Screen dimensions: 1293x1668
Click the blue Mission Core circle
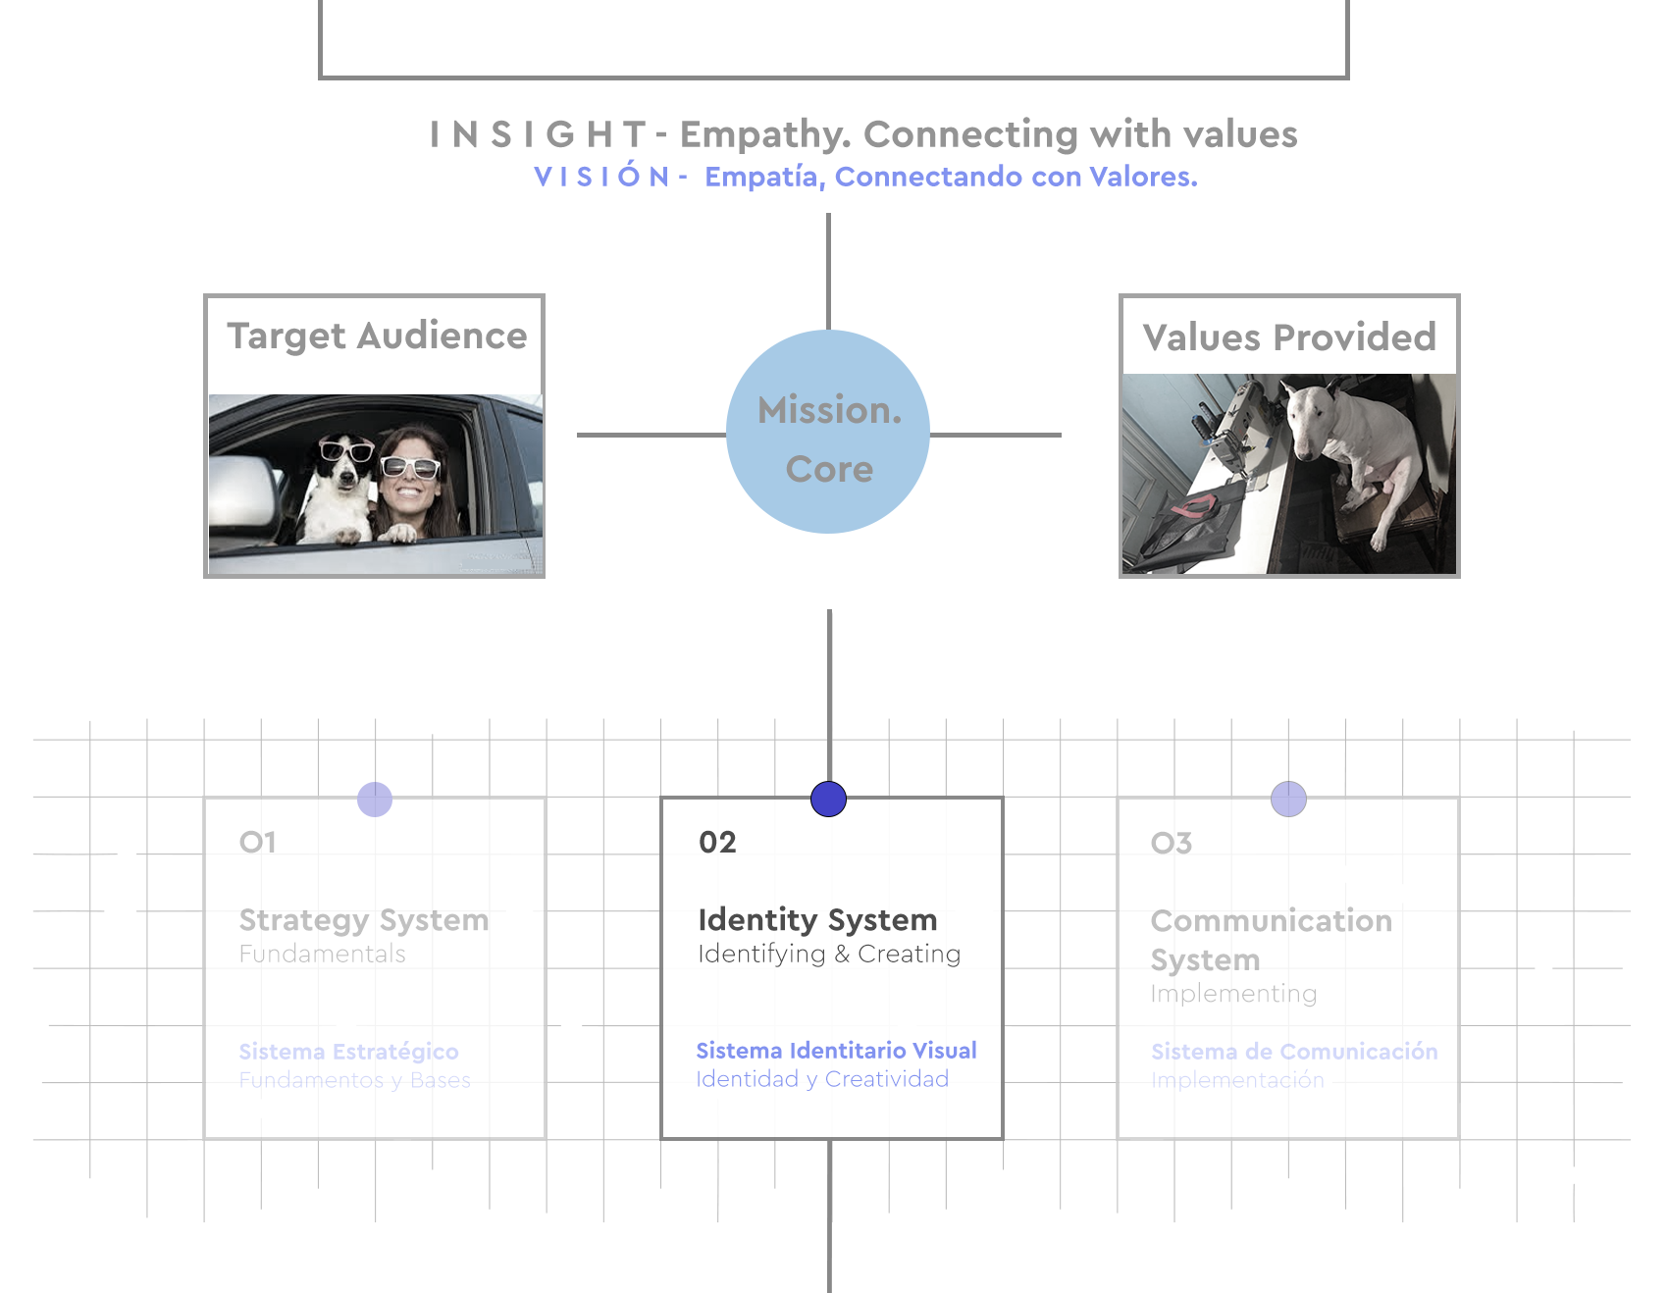(x=828, y=432)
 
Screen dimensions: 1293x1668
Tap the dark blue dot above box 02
(x=829, y=799)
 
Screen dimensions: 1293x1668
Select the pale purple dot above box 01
(x=375, y=799)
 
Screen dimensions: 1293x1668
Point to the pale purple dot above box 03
(x=1288, y=799)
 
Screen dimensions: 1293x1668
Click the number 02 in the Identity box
(x=717, y=842)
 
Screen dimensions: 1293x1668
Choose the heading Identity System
(x=817, y=919)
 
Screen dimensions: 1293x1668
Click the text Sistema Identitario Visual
(x=836, y=1051)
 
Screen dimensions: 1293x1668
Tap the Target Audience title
(x=377, y=336)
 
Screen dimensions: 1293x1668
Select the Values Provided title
(x=1289, y=337)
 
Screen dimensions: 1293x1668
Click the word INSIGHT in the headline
(x=538, y=134)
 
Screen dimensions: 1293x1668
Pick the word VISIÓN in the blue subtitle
(x=601, y=177)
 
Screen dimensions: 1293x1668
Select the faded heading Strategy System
(x=364, y=920)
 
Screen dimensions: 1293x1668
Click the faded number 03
(x=1172, y=843)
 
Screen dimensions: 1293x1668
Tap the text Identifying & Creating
(x=829, y=954)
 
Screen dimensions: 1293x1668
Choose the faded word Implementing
(x=1233, y=994)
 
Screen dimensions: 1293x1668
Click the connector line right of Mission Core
(x=995, y=435)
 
